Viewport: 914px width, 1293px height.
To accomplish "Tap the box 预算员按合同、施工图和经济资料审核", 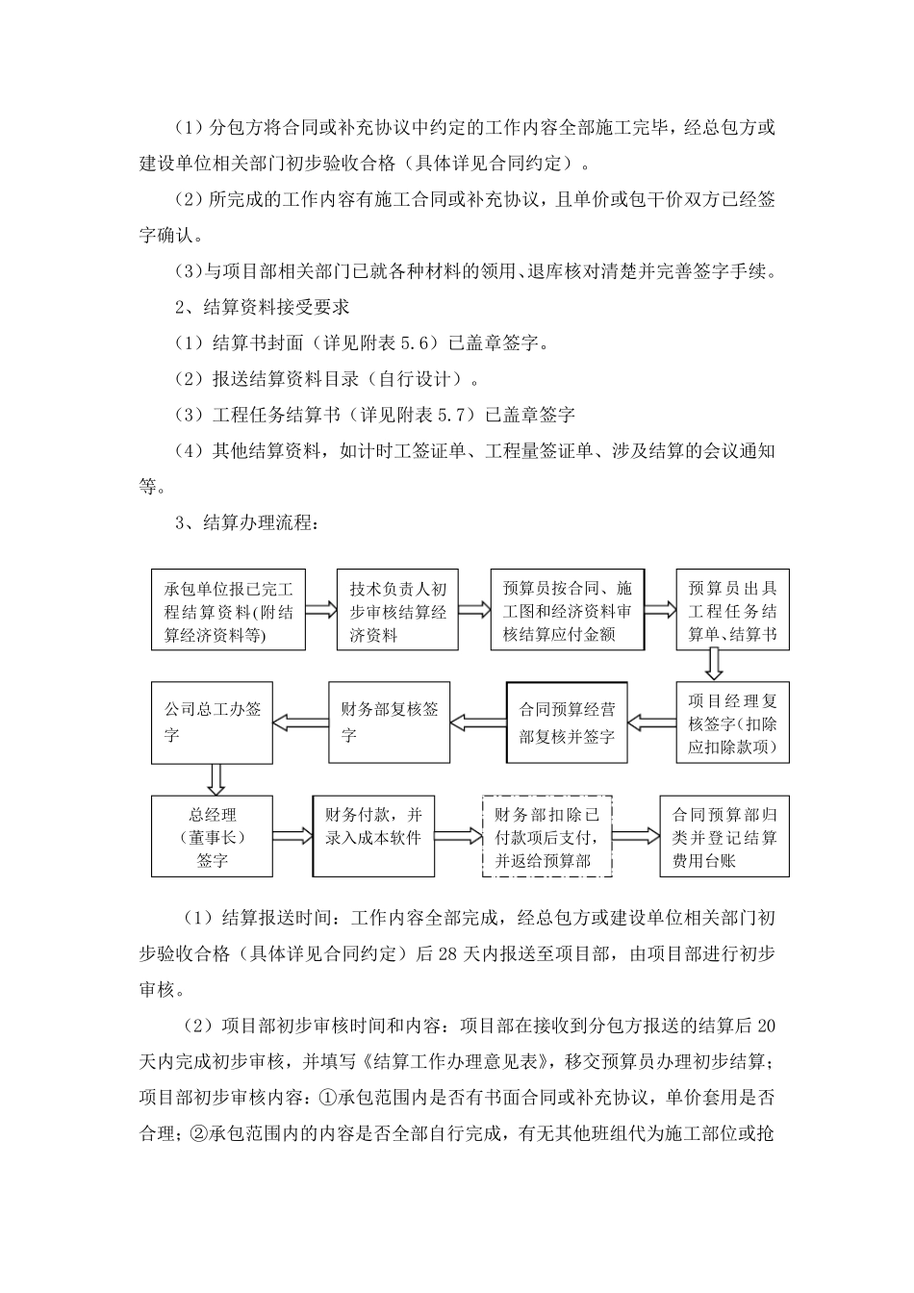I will (x=567, y=610).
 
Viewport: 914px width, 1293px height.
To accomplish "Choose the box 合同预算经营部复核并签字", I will (x=567, y=723).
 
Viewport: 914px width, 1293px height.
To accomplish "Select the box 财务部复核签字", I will (x=390, y=723).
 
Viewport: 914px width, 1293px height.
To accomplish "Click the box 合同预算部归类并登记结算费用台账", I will (x=724, y=836).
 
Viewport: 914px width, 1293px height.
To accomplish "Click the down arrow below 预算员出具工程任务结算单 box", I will (x=714, y=664).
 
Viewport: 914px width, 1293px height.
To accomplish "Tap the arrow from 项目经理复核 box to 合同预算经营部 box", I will (x=651, y=722).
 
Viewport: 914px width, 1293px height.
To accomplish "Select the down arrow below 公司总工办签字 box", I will (x=216, y=777).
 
